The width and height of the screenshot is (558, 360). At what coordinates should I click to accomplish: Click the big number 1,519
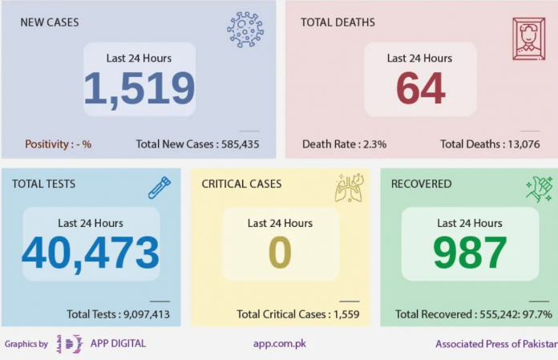(x=139, y=89)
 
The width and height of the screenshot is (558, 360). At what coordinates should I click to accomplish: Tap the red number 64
(x=420, y=89)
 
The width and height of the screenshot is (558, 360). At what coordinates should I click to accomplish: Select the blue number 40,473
(x=91, y=253)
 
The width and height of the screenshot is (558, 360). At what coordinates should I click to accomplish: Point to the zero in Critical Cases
(x=280, y=253)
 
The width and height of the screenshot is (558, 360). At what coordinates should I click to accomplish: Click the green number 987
(x=470, y=253)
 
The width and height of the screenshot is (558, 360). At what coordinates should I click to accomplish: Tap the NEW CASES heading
(x=50, y=22)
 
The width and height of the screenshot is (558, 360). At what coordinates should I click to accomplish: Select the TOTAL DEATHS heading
(x=338, y=22)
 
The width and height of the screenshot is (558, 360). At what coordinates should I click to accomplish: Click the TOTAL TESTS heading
(x=43, y=184)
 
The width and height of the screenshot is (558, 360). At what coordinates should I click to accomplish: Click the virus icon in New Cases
(x=245, y=30)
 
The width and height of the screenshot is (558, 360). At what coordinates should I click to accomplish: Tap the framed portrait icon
(x=528, y=38)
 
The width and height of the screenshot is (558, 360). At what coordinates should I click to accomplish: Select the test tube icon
(x=160, y=188)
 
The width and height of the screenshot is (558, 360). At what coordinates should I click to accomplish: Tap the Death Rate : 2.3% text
(x=344, y=144)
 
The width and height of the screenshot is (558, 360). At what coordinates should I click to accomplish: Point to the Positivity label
(x=58, y=144)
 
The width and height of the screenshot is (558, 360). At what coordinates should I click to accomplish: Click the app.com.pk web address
(x=279, y=344)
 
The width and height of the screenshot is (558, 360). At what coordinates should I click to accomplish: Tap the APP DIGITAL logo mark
(x=69, y=344)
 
